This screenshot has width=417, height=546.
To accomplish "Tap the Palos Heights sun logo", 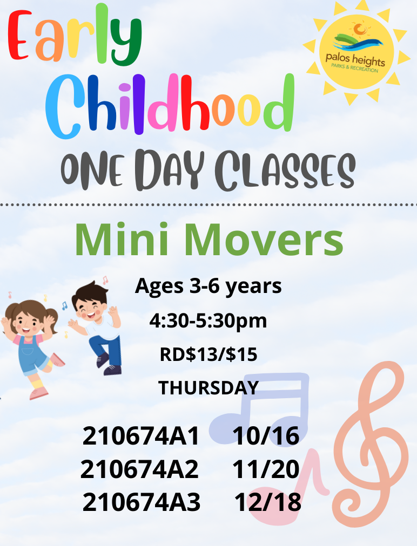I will pyautogui.click(x=355, y=52).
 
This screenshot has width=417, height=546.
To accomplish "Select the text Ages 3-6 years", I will pyautogui.click(x=208, y=286).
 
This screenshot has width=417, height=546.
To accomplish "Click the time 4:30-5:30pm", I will pyautogui.click(x=208, y=321).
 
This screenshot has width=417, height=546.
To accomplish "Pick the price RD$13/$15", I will pyautogui.click(x=208, y=354).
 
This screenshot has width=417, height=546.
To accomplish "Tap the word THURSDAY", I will pyautogui.click(x=208, y=387).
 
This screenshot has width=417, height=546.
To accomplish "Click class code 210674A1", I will pyautogui.click(x=142, y=436).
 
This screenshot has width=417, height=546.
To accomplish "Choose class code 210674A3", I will pyautogui.click(x=142, y=503).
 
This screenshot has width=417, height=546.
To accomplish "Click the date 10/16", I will pyautogui.click(x=266, y=436).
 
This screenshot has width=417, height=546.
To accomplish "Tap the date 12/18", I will pyautogui.click(x=268, y=503).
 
